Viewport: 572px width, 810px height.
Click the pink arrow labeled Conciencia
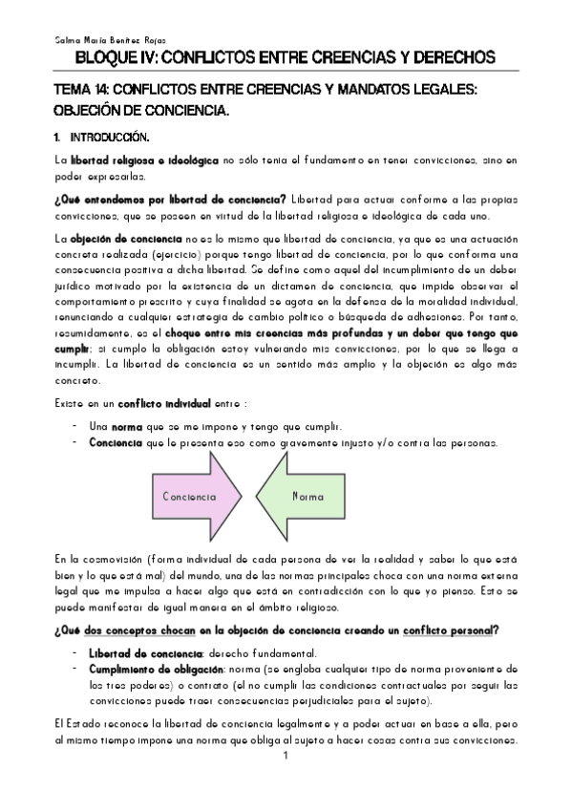tap(195, 497)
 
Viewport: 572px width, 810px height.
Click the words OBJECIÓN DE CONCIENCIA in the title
tap(141, 112)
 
